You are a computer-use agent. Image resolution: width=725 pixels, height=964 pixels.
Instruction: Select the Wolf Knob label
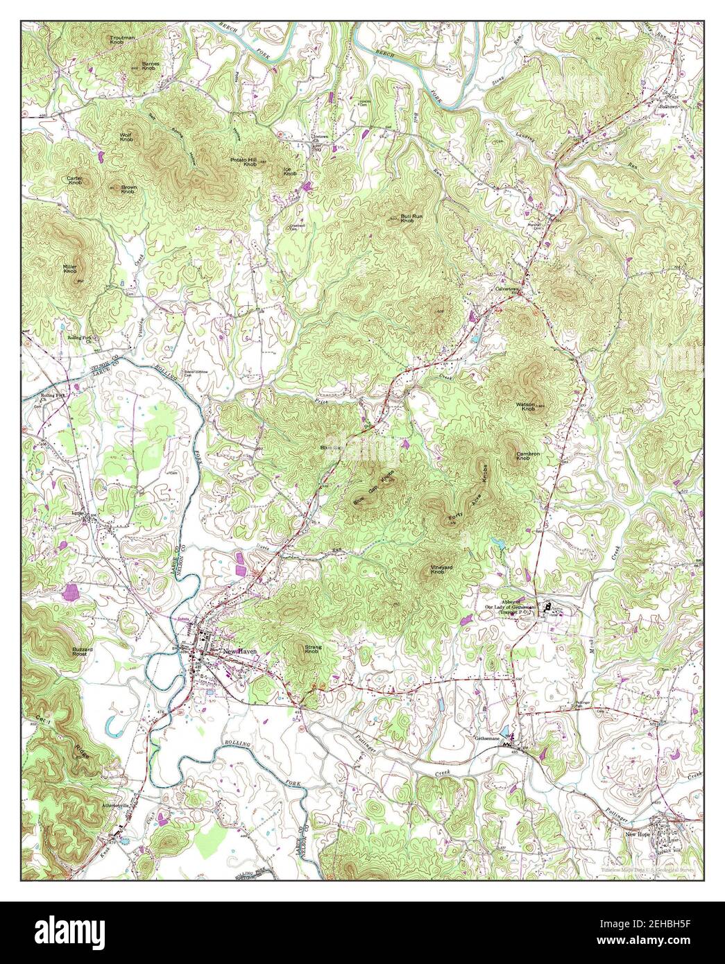[x=126, y=137]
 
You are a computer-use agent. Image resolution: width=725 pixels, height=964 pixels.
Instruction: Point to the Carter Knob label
[x=74, y=180]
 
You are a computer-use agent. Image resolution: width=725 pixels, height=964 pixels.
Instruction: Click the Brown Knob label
[x=128, y=189]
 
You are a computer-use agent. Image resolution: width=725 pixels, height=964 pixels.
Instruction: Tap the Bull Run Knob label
[x=407, y=218]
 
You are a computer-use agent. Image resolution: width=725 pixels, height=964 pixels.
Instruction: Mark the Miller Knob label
[x=70, y=268]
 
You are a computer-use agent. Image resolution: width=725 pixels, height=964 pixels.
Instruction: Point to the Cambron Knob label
[x=527, y=456]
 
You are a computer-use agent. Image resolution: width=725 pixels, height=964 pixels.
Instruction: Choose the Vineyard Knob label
[x=441, y=569]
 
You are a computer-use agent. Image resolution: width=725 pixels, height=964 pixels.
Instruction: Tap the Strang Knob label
[x=312, y=650]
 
